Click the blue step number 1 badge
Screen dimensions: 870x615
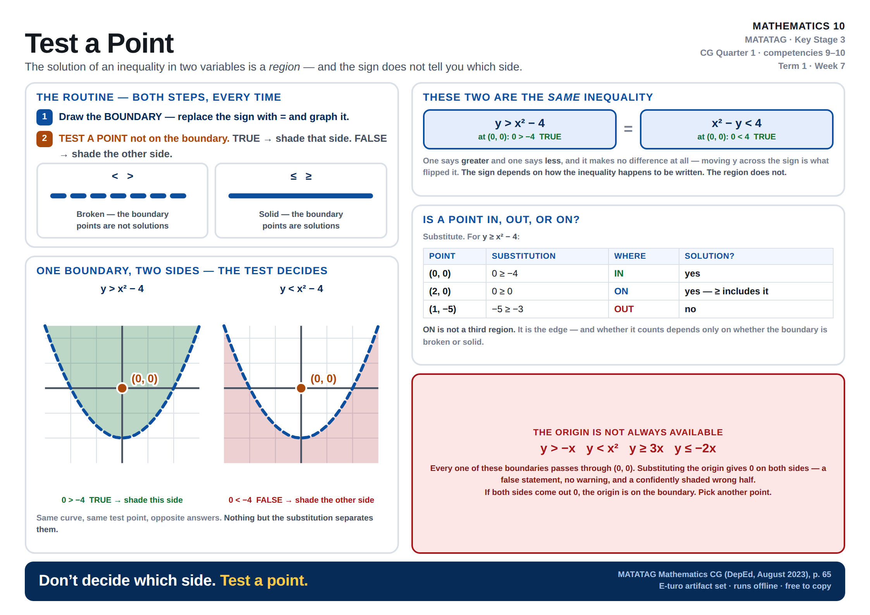click(45, 117)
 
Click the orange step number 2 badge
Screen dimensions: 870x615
click(45, 139)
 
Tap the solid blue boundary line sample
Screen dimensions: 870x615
click(301, 196)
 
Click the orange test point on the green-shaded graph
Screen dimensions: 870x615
click(122, 388)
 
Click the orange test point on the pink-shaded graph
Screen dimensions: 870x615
click(301, 388)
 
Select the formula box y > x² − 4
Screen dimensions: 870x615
click(519, 129)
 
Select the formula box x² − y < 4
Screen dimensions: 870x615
click(736, 129)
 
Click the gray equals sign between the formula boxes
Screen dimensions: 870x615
click(628, 129)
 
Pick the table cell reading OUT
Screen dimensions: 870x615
click(624, 309)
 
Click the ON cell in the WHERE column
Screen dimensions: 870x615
click(621, 291)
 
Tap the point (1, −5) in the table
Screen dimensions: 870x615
click(442, 309)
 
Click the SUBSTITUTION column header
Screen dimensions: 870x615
click(523, 256)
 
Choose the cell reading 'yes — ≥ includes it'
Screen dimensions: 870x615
click(726, 291)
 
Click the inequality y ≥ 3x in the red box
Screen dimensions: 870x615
click(646, 448)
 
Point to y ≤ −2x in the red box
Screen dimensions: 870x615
click(695, 448)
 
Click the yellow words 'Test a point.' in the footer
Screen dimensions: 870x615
click(264, 581)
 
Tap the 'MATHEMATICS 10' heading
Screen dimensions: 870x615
click(799, 26)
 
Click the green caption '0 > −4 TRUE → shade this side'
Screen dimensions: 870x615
click(122, 500)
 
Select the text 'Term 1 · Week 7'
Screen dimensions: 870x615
click(812, 66)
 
